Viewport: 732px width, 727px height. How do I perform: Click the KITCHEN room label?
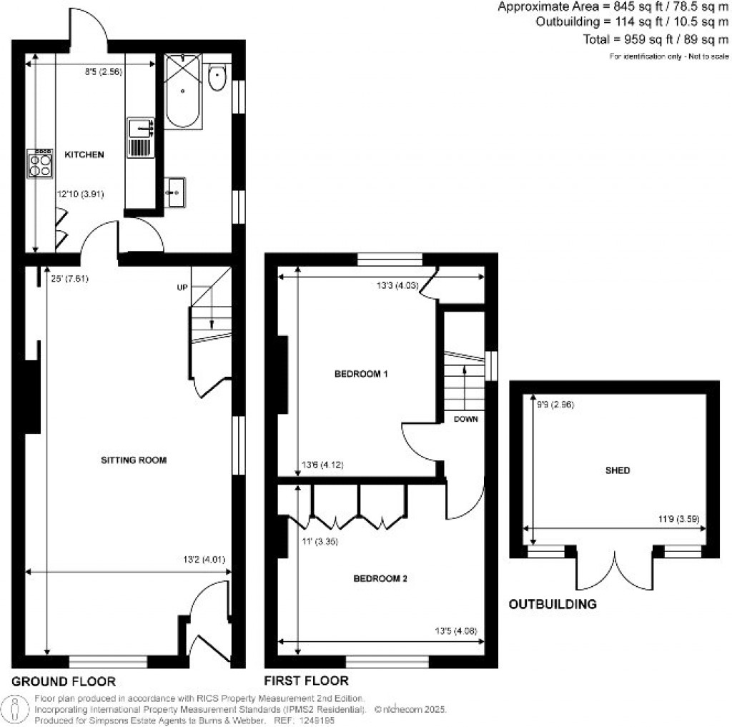84,154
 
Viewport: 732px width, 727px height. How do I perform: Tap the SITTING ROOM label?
133,460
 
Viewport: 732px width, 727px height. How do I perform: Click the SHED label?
617,470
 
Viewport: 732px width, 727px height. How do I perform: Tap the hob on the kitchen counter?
40,164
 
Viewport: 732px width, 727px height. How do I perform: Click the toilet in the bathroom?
217,77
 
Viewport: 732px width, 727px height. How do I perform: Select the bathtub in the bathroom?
184,92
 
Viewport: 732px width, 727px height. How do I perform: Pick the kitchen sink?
140,129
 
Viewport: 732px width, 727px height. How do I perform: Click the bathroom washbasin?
174,192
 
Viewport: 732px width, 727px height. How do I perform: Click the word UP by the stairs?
183,287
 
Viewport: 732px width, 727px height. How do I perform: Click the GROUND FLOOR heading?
64,681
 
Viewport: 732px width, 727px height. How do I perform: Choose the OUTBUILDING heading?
553,605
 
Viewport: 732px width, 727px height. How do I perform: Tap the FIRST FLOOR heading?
306,681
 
